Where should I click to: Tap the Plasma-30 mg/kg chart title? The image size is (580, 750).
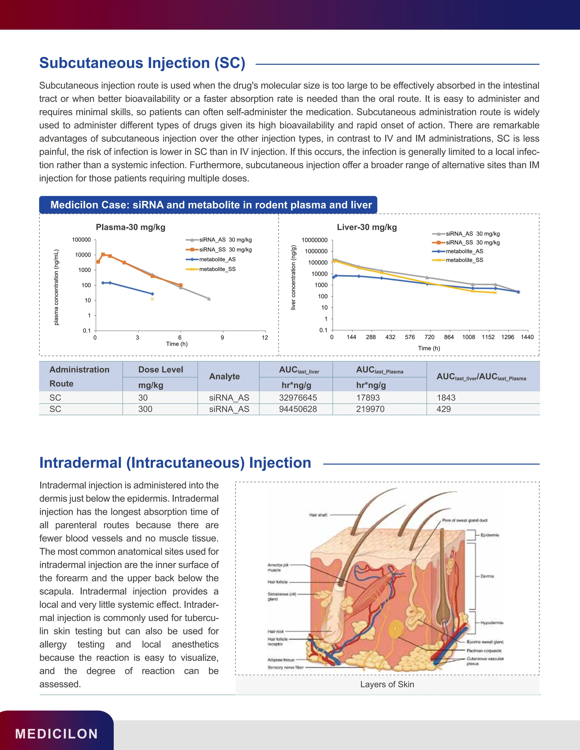coord(131,227)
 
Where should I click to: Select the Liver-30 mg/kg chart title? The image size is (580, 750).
coord(367,227)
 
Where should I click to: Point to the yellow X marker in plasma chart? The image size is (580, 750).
coord(152,299)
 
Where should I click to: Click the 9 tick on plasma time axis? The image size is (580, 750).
coord(222,338)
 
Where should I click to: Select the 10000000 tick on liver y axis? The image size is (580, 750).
coord(314,240)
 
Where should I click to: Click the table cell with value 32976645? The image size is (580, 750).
coord(298,398)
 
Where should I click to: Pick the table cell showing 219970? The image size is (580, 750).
coord(370,409)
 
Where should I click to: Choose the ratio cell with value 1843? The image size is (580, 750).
coord(446,398)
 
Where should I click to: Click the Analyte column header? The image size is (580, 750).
coord(224,376)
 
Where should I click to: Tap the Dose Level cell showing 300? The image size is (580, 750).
coord(145,409)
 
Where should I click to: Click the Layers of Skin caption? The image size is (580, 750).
coord(387,684)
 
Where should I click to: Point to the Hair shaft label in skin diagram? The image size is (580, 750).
coord(318,515)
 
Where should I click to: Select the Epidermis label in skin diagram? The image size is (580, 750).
coord(490,535)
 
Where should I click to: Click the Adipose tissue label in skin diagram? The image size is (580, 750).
coord(281,660)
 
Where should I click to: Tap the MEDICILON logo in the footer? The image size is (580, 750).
coord(57,734)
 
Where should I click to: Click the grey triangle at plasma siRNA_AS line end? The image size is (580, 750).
coord(209,299)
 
